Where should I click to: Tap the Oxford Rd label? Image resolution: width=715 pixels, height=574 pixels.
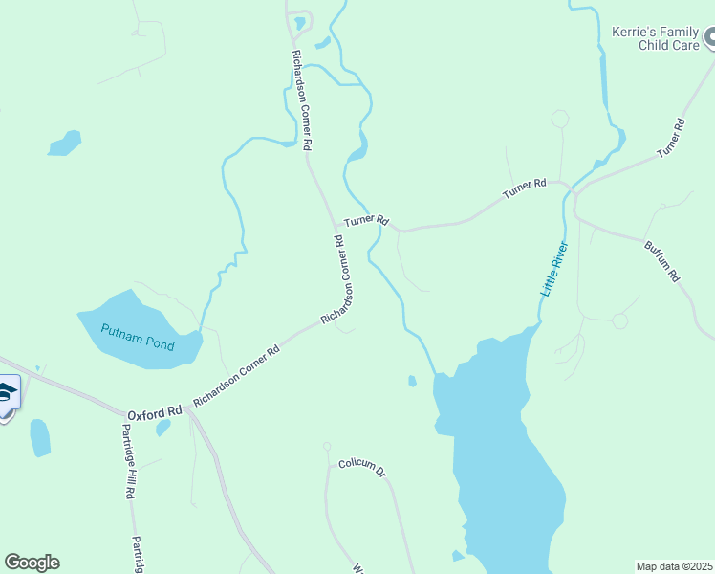(154, 412)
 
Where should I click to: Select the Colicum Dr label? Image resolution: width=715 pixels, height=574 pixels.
(360, 470)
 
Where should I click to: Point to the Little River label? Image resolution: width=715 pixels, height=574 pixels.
(554, 269)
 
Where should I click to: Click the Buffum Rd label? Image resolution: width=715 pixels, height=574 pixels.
(661, 260)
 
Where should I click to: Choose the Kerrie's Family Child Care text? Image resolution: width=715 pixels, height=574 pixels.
(656, 38)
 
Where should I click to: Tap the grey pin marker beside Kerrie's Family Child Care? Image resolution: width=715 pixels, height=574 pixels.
(711, 38)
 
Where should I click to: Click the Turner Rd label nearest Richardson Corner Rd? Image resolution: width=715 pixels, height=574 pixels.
(367, 220)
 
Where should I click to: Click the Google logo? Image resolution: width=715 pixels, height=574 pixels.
(32, 563)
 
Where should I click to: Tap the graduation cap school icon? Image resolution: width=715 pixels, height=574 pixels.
(7, 393)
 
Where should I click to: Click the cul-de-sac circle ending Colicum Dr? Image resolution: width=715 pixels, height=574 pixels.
(327, 447)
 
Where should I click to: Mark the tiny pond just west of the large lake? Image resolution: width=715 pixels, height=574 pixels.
(412, 381)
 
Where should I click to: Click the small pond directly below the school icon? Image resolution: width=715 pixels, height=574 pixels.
(39, 438)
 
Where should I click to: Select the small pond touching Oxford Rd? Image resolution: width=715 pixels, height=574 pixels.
(163, 427)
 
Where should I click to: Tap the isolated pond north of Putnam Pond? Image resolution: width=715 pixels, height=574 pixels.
(65, 143)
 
